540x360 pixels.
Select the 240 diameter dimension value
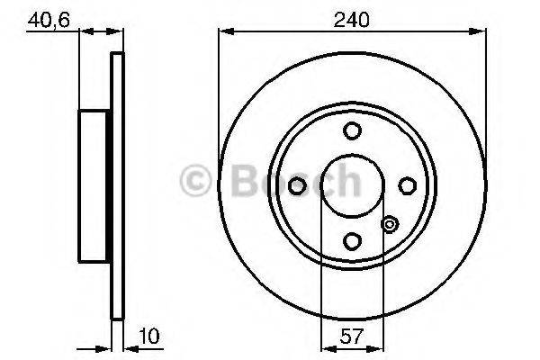tap(352, 17)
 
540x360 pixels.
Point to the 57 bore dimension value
tap(352, 337)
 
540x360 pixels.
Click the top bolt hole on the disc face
tap(352, 130)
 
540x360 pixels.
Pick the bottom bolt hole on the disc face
tap(352, 240)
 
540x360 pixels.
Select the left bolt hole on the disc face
tap(298, 185)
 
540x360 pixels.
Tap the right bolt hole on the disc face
tap(407, 185)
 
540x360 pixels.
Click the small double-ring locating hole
tap(389, 225)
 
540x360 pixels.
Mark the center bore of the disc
tap(352, 185)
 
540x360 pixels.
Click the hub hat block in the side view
tap(95, 185)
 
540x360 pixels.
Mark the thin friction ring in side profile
tap(115, 185)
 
